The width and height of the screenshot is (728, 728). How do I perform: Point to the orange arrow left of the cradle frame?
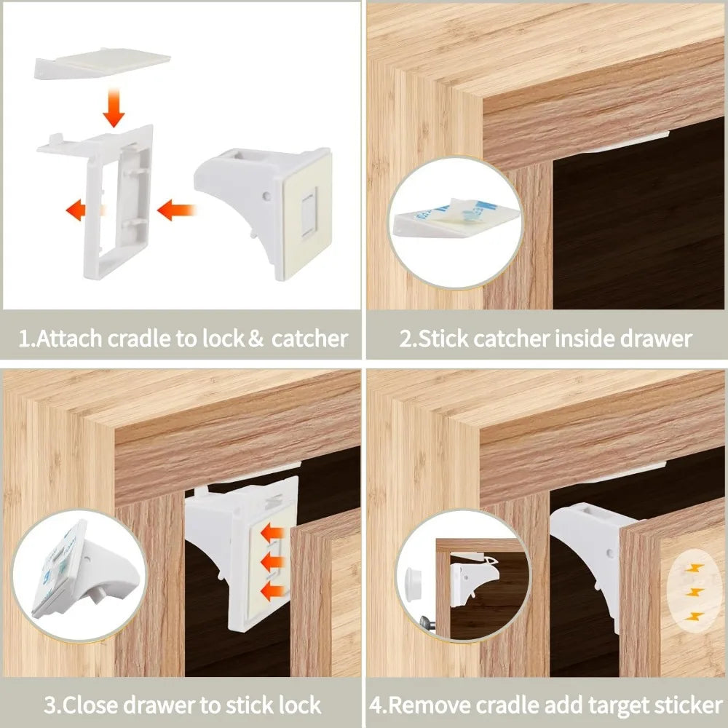82,211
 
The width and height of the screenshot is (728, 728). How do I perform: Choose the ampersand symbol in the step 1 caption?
255,339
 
